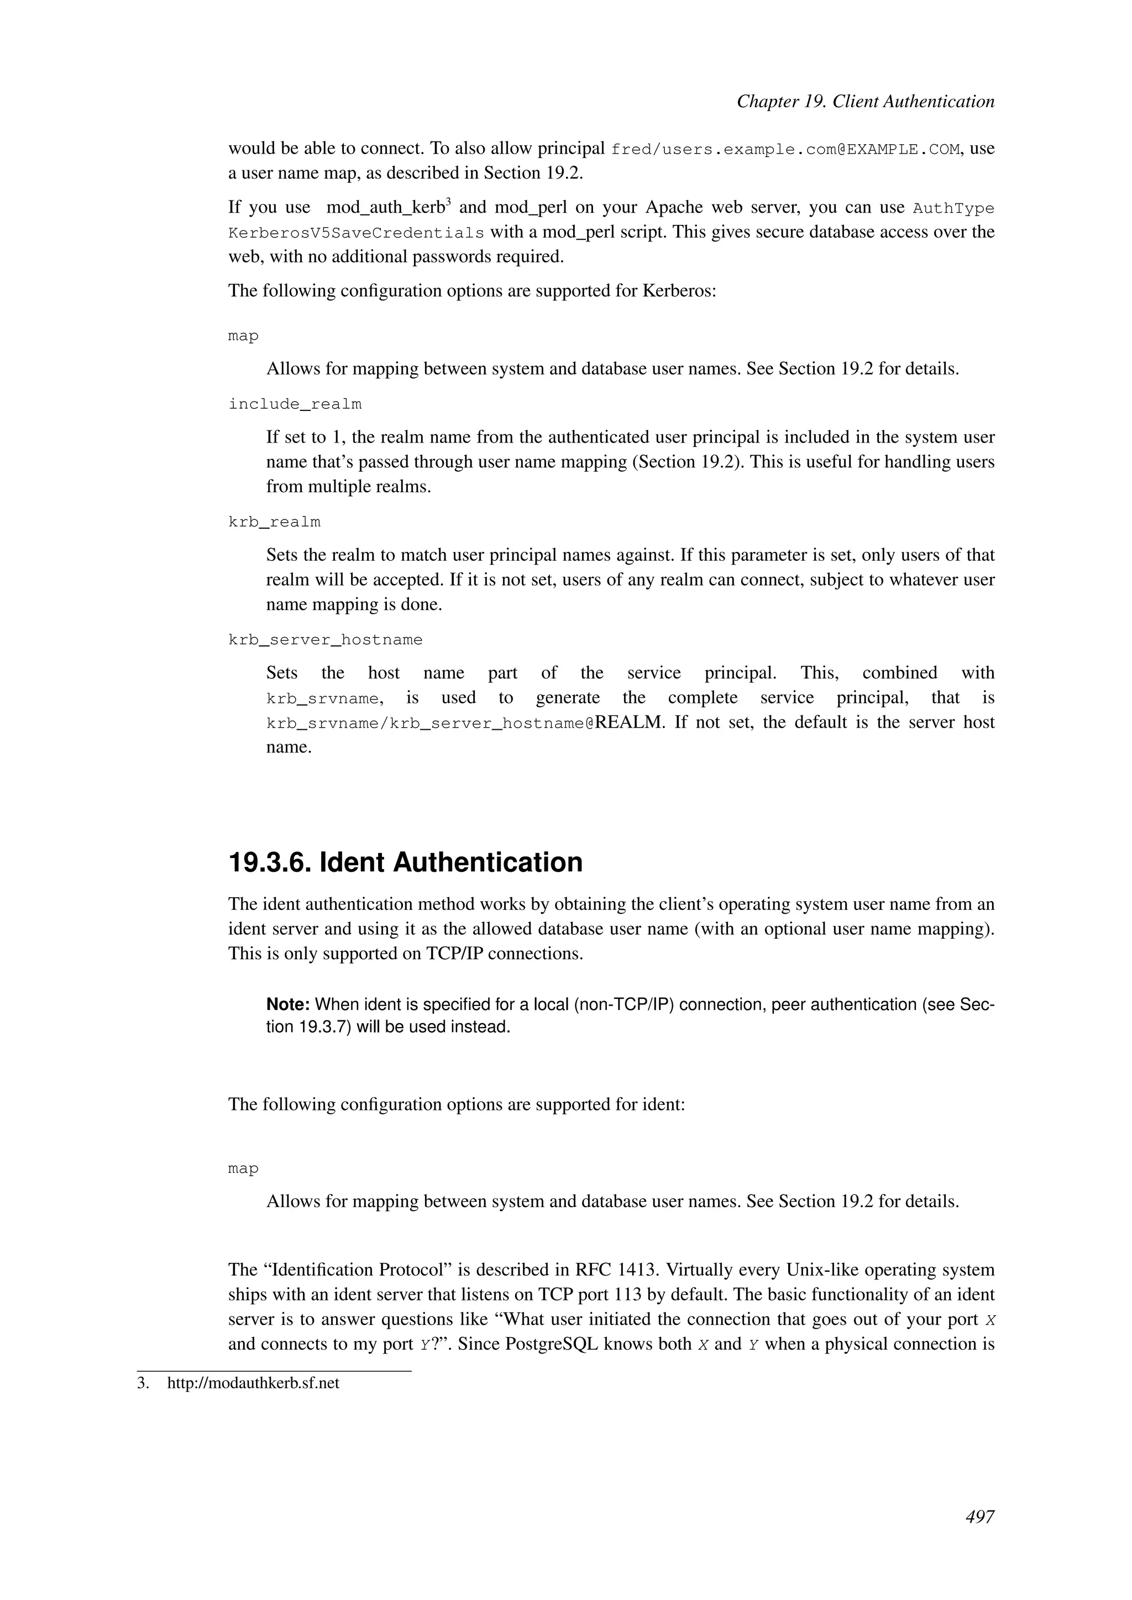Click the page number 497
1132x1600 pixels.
[x=979, y=1517]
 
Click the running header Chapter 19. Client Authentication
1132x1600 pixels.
[x=865, y=102]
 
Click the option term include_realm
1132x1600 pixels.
[x=295, y=404]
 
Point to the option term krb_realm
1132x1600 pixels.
[x=274, y=522]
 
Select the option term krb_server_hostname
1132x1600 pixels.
[x=325, y=640]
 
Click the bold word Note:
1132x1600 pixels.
[x=288, y=1005]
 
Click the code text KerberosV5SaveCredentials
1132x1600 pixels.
[x=355, y=233]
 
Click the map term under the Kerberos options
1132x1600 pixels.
[x=243, y=336]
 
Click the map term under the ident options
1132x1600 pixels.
[x=243, y=1169]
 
